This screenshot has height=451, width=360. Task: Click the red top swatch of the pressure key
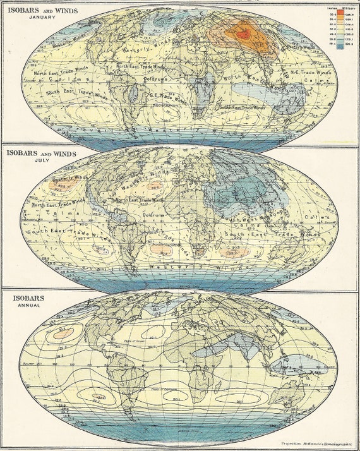(340, 12)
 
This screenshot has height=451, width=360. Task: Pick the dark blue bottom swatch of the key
(340, 46)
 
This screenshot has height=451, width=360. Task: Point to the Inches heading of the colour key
(333, 7)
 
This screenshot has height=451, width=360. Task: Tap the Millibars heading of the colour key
(348, 7)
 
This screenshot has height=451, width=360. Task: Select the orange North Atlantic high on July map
(154, 186)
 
